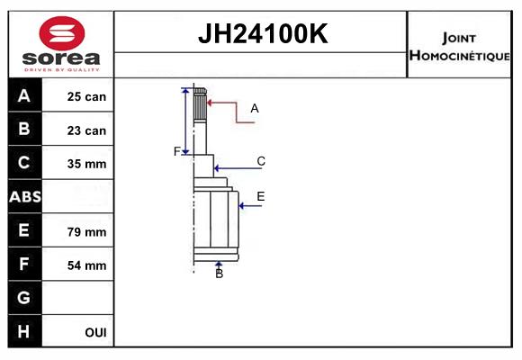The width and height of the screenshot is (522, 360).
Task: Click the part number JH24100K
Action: (x=263, y=33)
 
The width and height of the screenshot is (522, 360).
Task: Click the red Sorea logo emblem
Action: (x=62, y=33)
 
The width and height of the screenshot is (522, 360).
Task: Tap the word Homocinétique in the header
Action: (x=460, y=56)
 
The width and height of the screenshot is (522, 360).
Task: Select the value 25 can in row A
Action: (x=86, y=96)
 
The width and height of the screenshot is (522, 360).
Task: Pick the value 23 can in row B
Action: (x=86, y=130)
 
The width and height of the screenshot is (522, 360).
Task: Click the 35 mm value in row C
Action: (x=86, y=164)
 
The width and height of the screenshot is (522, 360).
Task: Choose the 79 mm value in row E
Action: (x=86, y=232)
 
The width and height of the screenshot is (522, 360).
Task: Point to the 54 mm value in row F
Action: (x=86, y=265)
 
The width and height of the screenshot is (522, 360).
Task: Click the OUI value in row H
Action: (x=96, y=332)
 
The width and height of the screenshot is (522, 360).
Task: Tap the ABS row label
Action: (x=25, y=197)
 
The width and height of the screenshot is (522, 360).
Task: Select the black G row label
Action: (x=24, y=297)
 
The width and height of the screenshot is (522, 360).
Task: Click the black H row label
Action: (x=24, y=331)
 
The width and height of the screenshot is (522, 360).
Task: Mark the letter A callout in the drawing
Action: (x=255, y=109)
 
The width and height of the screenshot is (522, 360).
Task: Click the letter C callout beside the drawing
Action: (x=261, y=161)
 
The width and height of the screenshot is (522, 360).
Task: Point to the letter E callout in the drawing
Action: (x=261, y=196)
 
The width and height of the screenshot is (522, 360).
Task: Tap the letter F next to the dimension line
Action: (x=177, y=151)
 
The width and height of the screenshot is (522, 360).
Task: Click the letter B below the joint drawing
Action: (x=219, y=274)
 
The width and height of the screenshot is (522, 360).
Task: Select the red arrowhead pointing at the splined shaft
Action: (x=210, y=103)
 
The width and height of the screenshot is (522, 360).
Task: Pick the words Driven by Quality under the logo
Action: (x=62, y=70)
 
